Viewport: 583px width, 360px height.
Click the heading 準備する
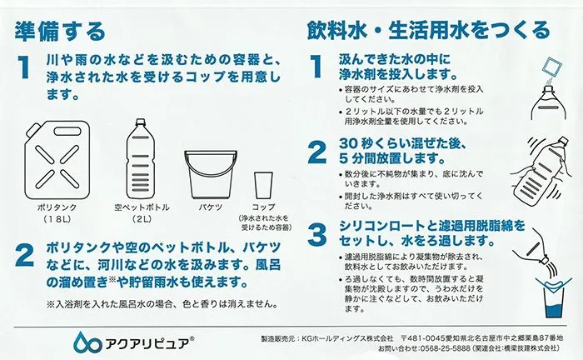[61, 31]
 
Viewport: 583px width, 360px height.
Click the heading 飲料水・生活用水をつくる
[428, 30]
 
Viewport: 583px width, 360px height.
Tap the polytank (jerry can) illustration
[57, 160]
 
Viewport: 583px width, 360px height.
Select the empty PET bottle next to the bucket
[140, 159]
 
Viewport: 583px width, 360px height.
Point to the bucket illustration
[211, 174]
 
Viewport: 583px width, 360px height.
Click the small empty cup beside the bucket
[263, 185]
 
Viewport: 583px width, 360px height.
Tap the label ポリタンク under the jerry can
[57, 207]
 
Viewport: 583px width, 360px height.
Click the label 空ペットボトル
[142, 207]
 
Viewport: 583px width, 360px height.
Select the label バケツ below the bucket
[210, 207]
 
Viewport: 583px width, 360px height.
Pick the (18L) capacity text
[57, 219]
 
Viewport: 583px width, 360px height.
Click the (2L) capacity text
[142, 219]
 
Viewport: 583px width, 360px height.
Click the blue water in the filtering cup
[554, 311]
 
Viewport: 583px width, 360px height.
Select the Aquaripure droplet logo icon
[87, 342]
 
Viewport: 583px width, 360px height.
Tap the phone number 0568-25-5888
[444, 348]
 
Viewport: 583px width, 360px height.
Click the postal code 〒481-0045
[422, 338]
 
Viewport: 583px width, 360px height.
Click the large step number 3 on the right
[317, 234]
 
